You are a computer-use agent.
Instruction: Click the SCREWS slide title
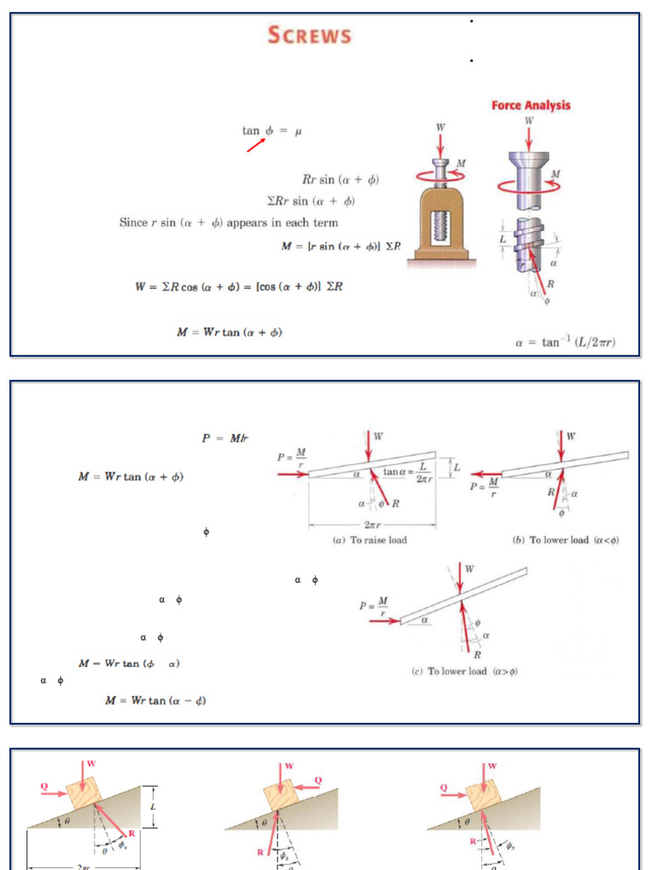(x=309, y=35)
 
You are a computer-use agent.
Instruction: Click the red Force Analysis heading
(x=531, y=105)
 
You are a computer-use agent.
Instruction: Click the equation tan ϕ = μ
(x=272, y=131)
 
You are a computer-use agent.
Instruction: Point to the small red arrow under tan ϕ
(x=256, y=146)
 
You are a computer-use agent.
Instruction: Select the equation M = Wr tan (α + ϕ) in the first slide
(x=229, y=332)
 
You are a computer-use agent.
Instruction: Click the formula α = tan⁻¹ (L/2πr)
(x=565, y=342)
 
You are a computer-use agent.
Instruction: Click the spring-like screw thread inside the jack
(x=440, y=227)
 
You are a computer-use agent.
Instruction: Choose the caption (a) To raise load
(x=372, y=540)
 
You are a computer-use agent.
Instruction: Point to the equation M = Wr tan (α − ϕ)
(x=155, y=701)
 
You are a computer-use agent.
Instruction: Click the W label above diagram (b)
(x=570, y=436)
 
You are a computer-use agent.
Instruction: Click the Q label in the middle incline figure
(x=318, y=779)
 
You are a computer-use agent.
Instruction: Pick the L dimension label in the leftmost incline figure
(x=153, y=805)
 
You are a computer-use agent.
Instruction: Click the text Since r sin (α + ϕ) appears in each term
(x=228, y=223)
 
